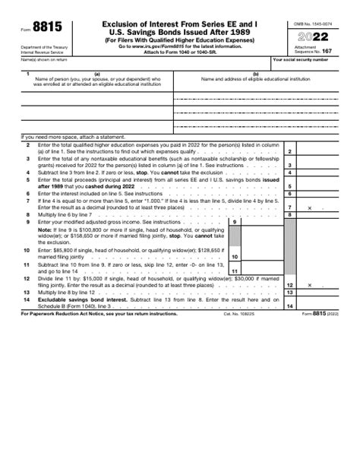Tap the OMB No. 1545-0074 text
click(312, 24)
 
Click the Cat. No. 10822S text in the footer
click(240, 313)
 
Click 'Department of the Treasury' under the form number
click(43, 47)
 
